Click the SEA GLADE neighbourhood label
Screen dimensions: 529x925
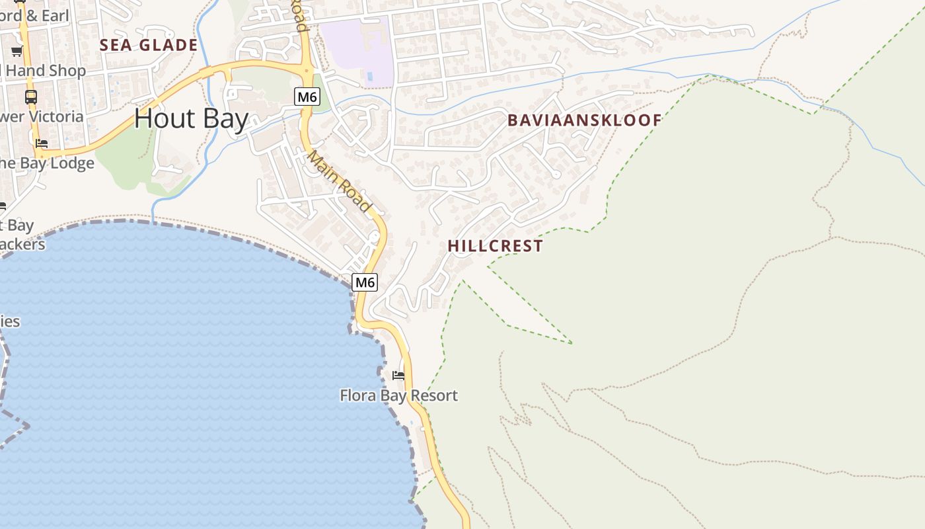click(x=149, y=45)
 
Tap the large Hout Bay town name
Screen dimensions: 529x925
click(x=192, y=119)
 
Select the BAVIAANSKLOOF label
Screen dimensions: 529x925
click(x=584, y=120)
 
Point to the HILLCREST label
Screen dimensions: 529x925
click(x=495, y=246)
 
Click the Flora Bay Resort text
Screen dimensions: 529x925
click(x=398, y=395)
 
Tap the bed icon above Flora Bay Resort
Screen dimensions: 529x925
click(x=398, y=376)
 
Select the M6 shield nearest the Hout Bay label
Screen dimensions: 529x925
click(x=307, y=97)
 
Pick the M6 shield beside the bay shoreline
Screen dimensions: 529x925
click(x=365, y=282)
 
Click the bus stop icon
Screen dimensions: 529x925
click(x=31, y=97)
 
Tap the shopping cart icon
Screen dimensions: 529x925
click(x=17, y=51)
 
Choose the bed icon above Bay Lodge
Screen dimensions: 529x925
click(x=42, y=143)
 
